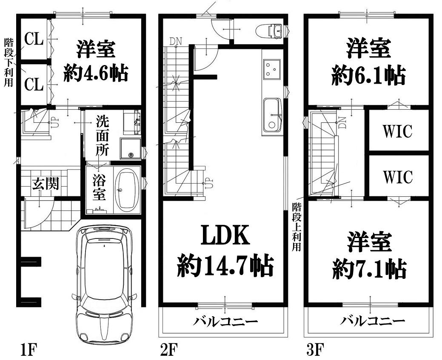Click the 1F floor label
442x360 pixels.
pos(28,349)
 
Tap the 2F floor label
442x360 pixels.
pos(168,349)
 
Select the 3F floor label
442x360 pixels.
pos(315,349)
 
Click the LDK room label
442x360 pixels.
pos(225,235)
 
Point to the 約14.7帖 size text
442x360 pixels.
pos(225,266)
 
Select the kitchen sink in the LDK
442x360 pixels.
pos(273,116)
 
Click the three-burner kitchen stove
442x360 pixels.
pos(271,69)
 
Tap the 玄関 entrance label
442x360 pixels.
pos(45,184)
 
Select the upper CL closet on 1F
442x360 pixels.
pos(34,39)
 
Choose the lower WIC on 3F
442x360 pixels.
pos(397,177)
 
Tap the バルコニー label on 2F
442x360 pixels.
pos(225,321)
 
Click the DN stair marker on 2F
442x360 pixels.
pos(176,41)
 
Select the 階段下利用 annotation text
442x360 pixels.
pos(9,62)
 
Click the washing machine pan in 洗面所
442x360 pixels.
pos(130,148)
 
